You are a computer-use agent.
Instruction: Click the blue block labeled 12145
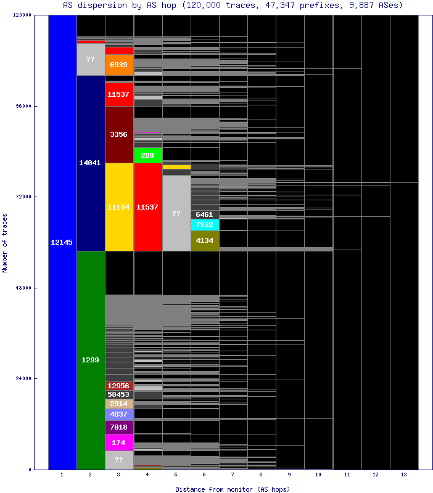click(62, 242)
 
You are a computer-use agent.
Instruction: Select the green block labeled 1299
click(91, 360)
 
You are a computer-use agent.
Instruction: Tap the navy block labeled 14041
click(91, 163)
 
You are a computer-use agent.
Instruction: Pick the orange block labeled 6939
click(119, 65)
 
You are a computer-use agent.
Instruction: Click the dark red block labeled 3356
click(119, 134)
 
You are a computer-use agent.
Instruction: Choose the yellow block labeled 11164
click(119, 207)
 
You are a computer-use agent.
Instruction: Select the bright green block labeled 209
click(148, 155)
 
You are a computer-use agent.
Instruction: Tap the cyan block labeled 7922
click(205, 224)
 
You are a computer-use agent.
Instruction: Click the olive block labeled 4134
click(205, 240)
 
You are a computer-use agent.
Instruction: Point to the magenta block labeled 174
click(119, 442)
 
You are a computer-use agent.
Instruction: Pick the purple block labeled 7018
click(119, 427)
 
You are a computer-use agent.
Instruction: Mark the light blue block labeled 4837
click(119, 414)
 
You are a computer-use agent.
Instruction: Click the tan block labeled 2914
click(119, 404)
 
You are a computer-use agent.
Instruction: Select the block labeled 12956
click(119, 386)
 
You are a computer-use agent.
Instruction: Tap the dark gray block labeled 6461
click(205, 214)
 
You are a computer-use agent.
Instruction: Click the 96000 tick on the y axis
click(23, 106)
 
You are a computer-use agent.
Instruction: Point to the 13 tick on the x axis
click(404, 475)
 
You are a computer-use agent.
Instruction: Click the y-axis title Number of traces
click(5, 242)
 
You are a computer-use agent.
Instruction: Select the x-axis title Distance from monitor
click(233, 489)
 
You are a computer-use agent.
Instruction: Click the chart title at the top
click(233, 5)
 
